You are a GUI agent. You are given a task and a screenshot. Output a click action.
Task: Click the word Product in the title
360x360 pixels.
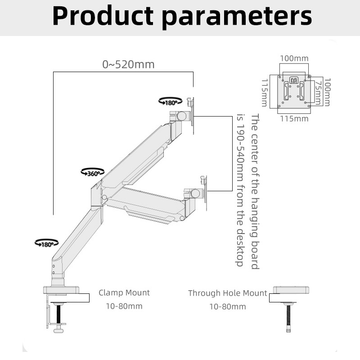103,16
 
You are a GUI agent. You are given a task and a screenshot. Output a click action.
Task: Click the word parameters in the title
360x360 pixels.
237,17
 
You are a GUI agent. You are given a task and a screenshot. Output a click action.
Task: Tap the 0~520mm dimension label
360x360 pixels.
128,64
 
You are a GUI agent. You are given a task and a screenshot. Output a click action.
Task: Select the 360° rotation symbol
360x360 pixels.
93,172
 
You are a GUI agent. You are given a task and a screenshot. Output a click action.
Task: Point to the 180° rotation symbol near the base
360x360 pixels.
46,243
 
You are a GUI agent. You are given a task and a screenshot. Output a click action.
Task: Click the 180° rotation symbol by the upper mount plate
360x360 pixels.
171,101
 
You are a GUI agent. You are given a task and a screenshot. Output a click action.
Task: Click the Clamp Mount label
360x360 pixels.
124,293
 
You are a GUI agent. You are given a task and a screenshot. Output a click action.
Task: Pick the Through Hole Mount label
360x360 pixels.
228,293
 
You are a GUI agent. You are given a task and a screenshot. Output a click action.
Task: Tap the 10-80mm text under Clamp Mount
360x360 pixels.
124,306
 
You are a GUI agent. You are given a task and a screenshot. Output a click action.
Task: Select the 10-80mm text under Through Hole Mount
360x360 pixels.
228,306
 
